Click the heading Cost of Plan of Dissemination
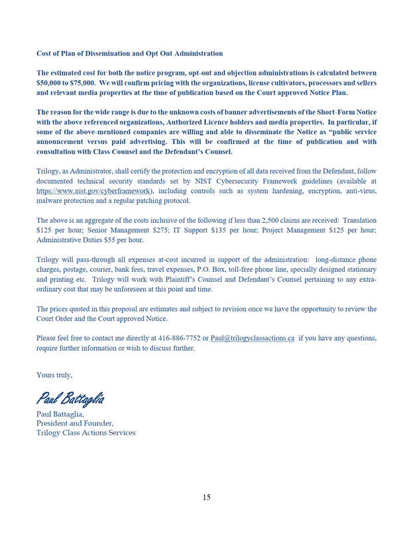129,53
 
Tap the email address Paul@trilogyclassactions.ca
252,338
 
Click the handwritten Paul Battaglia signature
70,398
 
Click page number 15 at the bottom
206,497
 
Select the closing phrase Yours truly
54,375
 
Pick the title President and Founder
74,423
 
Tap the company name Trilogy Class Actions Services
86,433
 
